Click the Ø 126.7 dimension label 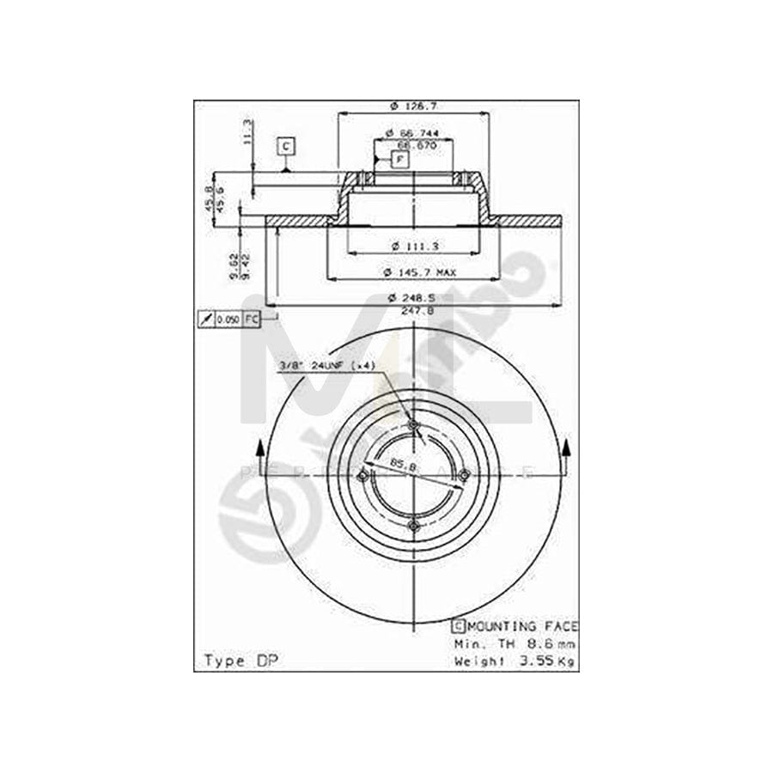pos(413,106)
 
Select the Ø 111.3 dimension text pos(414,247)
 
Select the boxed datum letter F pos(400,158)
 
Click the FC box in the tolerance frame pos(251,320)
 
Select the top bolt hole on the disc pos(413,425)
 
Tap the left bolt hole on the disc pos(363,476)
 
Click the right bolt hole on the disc pos(464,476)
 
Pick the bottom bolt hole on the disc pos(413,525)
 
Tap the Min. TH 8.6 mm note pos(514,642)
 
